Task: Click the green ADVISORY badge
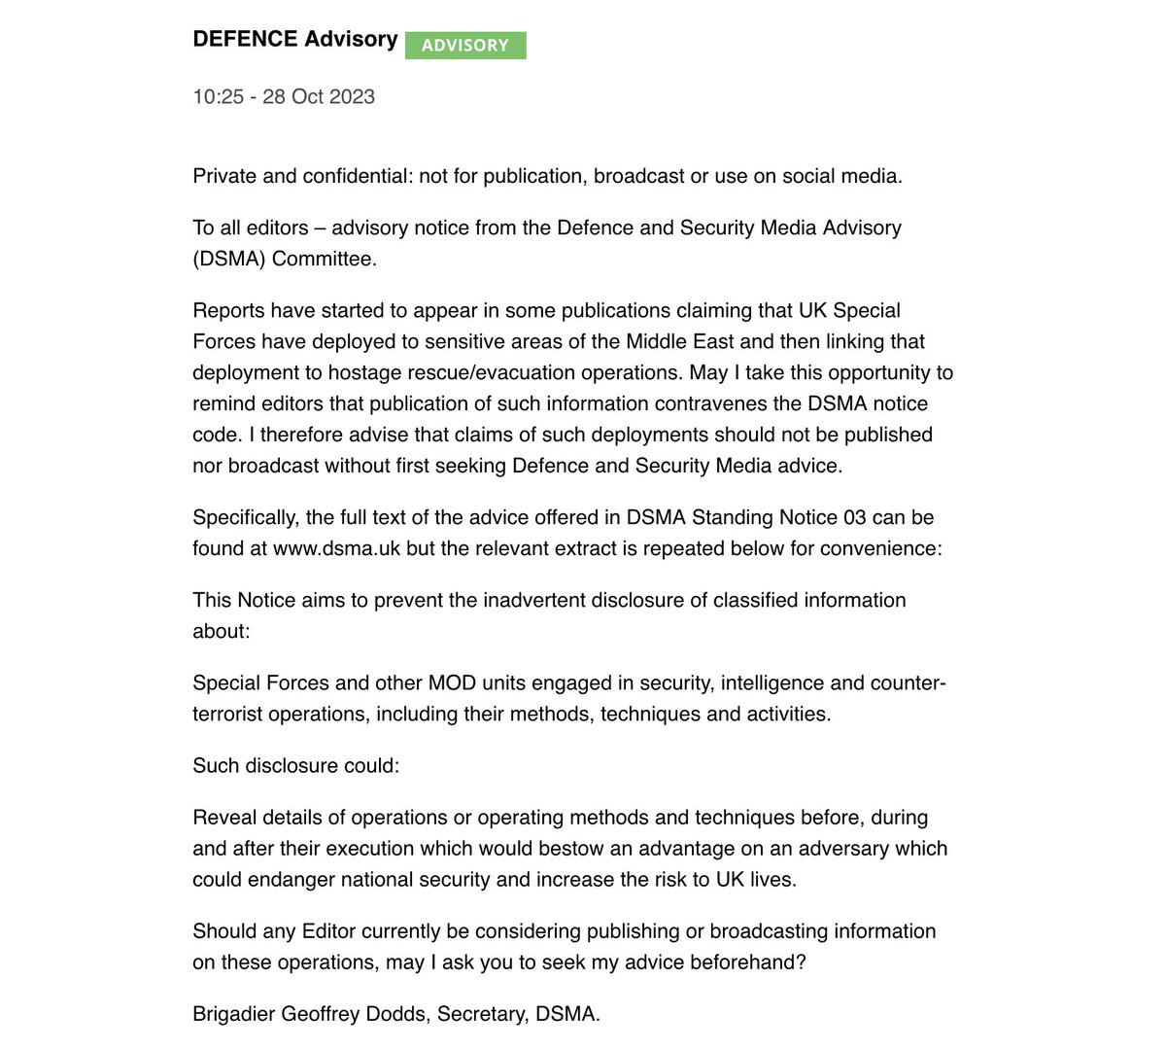click(x=465, y=46)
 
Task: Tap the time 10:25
click(x=218, y=97)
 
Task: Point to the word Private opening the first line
click(x=224, y=176)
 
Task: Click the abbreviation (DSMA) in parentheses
click(x=229, y=259)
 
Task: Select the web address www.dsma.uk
click(x=336, y=548)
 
